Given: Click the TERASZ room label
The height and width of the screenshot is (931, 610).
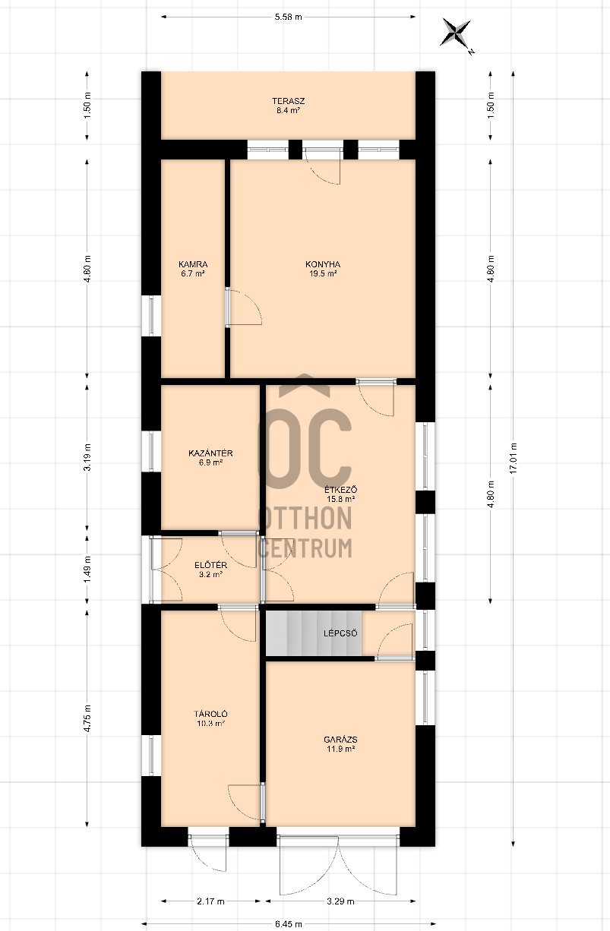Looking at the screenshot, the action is coord(288,101).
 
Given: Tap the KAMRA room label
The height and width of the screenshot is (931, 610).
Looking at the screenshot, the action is coord(193,264).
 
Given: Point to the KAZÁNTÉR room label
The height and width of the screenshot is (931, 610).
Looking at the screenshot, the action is coord(210,453).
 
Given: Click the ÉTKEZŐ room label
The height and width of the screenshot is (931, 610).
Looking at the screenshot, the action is coord(340,490).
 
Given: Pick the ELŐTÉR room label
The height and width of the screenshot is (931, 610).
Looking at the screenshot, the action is coord(210,565).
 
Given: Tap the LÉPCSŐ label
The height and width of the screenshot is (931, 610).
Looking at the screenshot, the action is coord(340,633).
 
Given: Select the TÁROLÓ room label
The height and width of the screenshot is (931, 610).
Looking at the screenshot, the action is coord(210,714).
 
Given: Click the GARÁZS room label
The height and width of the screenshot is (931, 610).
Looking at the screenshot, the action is coord(340,740).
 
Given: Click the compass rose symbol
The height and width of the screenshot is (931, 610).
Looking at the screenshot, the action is coord(456,33).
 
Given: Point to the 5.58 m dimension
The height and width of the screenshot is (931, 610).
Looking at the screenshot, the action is coord(288,17).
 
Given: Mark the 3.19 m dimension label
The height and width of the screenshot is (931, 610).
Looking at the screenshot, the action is coord(87,457).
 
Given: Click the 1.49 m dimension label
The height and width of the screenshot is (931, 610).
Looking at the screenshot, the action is coord(87,570).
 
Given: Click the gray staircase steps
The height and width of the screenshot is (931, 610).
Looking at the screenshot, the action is coord(314,633).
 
